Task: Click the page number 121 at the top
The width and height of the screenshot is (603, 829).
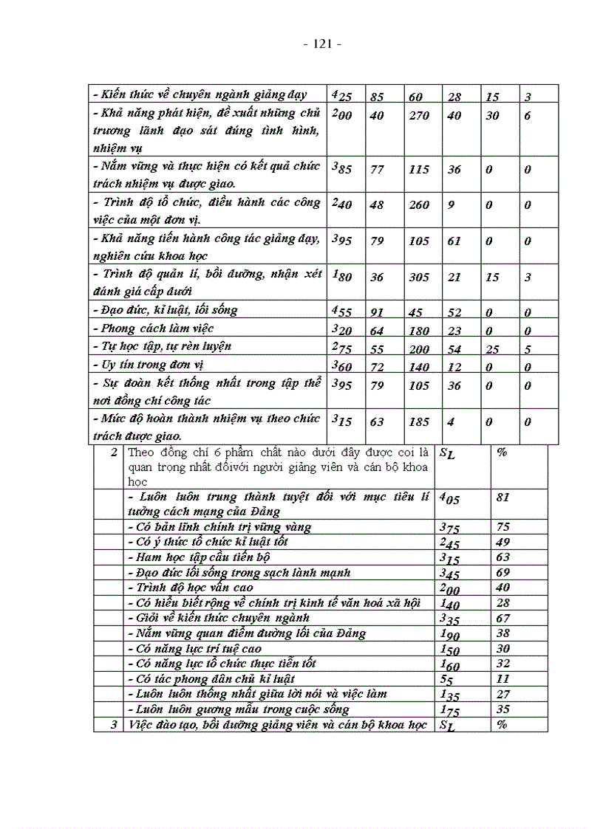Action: coord(322,44)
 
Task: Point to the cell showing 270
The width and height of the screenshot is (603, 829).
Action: coord(419,116)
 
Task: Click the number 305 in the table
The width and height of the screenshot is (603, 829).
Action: coord(419,278)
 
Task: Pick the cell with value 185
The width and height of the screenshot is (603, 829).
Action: coord(419,423)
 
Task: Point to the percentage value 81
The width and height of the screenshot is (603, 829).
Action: coord(503,498)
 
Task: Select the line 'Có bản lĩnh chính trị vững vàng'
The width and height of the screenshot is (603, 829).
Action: coord(219,527)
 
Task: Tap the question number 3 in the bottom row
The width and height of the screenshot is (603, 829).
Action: coord(114,725)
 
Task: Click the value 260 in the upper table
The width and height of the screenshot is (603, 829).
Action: coord(419,205)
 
